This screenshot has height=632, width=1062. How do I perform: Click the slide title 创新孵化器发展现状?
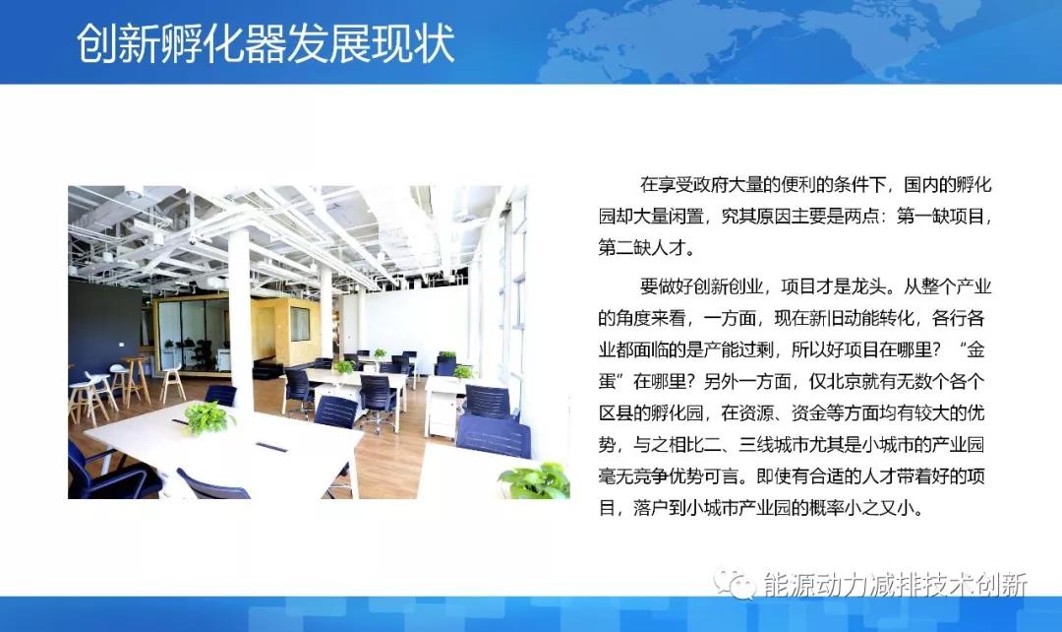265,44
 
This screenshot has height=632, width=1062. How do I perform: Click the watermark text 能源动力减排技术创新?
895,584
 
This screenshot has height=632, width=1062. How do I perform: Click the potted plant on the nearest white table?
208,417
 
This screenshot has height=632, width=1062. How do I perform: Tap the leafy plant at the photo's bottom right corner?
536,480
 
